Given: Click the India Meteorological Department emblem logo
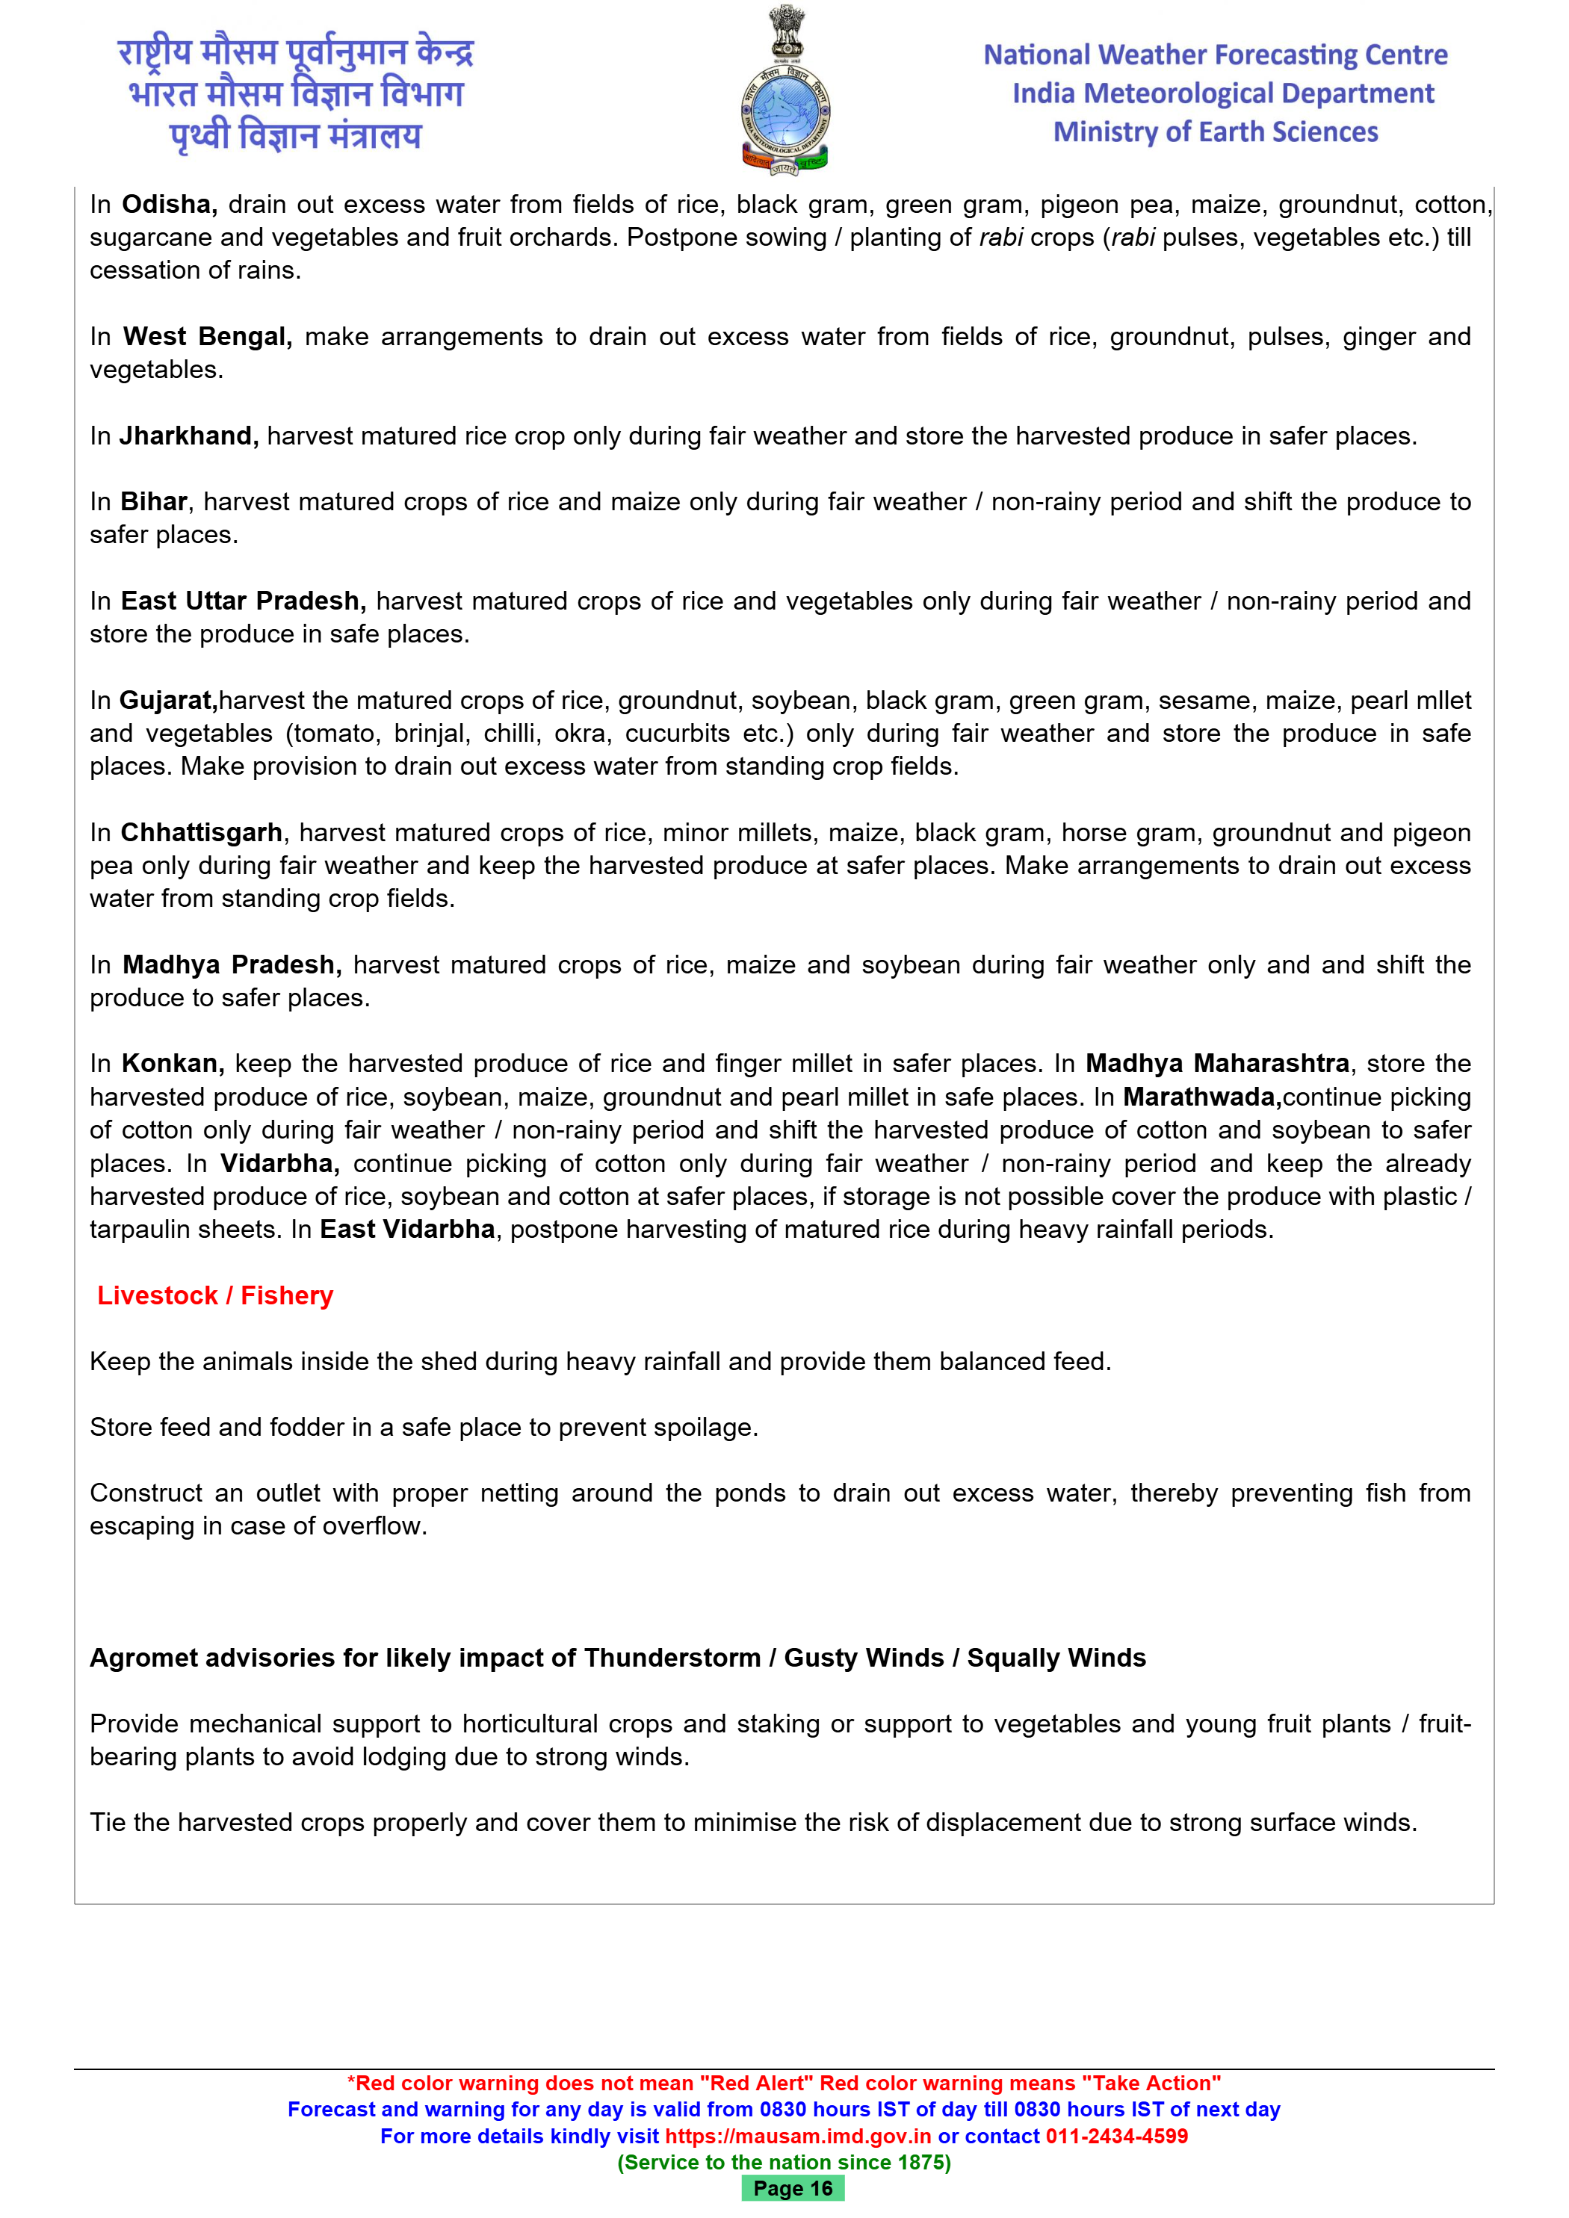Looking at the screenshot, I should click(784, 92).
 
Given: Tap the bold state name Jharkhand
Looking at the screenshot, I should click(188, 436).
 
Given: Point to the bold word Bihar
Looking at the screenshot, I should click(154, 502).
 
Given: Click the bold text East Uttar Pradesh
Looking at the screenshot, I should click(243, 602).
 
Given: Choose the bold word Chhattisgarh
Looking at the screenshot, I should click(201, 833).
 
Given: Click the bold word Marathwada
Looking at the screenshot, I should click(1202, 1097).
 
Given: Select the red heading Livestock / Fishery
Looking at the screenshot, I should click(214, 1295).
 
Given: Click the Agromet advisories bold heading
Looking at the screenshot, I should click(617, 1658).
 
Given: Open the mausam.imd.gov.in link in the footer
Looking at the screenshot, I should click(798, 2136).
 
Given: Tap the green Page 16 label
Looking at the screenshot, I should click(792, 2188).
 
